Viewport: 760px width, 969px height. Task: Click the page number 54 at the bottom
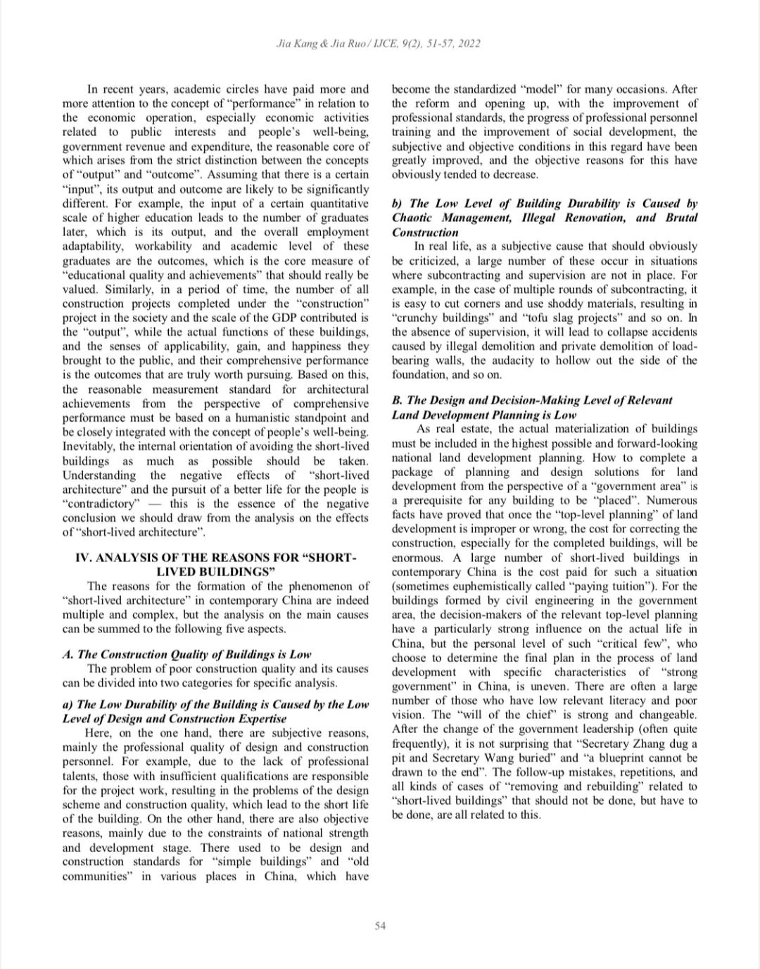380,926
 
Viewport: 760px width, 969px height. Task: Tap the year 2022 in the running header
469,44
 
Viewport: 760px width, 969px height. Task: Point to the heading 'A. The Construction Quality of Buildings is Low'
186,655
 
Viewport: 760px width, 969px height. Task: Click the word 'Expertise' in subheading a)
262,718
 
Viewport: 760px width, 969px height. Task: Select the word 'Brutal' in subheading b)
680,218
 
